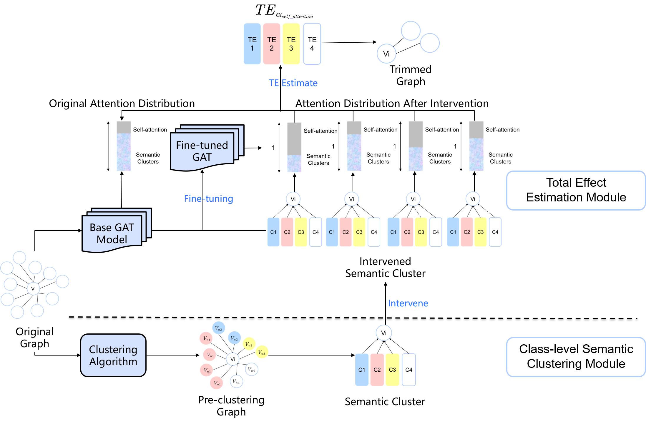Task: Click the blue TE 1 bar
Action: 252,44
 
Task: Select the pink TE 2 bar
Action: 271,44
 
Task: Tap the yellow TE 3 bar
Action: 291,44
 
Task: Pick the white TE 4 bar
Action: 312,44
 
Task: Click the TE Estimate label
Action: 293,83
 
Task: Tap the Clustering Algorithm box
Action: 113,355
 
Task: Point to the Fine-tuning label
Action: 208,199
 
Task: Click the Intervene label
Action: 408,303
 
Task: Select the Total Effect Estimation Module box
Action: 576,190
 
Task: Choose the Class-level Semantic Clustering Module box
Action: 576,357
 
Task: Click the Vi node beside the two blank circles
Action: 386,54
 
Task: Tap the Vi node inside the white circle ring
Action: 33,289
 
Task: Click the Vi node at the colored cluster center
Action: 233,359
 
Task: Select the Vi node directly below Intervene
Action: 383,333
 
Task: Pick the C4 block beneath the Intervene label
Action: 408,370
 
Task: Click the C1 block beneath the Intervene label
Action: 361,370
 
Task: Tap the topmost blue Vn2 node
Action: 218,328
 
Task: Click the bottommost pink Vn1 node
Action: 216,383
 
